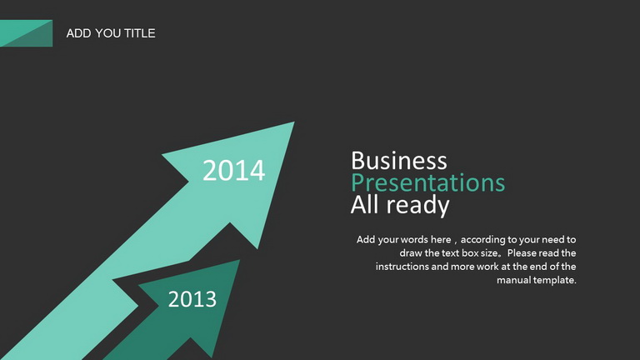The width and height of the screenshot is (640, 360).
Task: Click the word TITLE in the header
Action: pyautogui.click(x=140, y=33)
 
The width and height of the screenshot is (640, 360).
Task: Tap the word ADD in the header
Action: pyautogui.click(x=79, y=33)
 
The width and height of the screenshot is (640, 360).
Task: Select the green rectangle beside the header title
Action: pyautogui.click(x=26, y=33)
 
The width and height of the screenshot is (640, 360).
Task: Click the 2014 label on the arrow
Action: pyautogui.click(x=234, y=170)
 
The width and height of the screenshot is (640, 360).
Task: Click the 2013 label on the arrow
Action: pyautogui.click(x=192, y=299)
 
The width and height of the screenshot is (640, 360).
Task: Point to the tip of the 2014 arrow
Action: pyautogui.click(x=294, y=122)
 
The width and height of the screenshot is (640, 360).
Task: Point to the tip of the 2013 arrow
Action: pyautogui.click(x=240, y=260)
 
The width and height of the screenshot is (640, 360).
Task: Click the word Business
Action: pyautogui.click(x=399, y=160)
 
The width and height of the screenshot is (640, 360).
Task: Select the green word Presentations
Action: pyautogui.click(x=427, y=182)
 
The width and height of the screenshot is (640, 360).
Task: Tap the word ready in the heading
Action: pyautogui.click(x=418, y=205)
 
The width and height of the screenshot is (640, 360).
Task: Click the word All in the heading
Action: pyautogui.click(x=366, y=204)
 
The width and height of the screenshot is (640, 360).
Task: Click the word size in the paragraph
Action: pyautogui.click(x=489, y=253)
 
